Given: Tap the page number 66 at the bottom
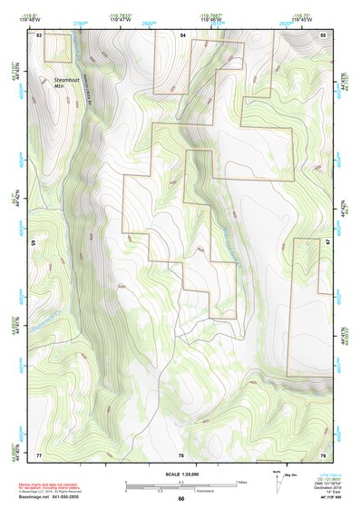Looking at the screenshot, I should click(181, 498).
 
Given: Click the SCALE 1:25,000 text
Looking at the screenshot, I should click(180, 475).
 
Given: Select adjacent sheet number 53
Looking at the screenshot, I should click(39, 34).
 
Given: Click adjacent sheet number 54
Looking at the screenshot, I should click(181, 34).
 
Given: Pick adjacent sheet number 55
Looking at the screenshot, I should click(324, 34).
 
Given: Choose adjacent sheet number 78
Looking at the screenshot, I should click(181, 454).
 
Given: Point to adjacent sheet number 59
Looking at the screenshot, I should click(33, 243).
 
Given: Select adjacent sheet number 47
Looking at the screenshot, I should click(328, 243).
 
